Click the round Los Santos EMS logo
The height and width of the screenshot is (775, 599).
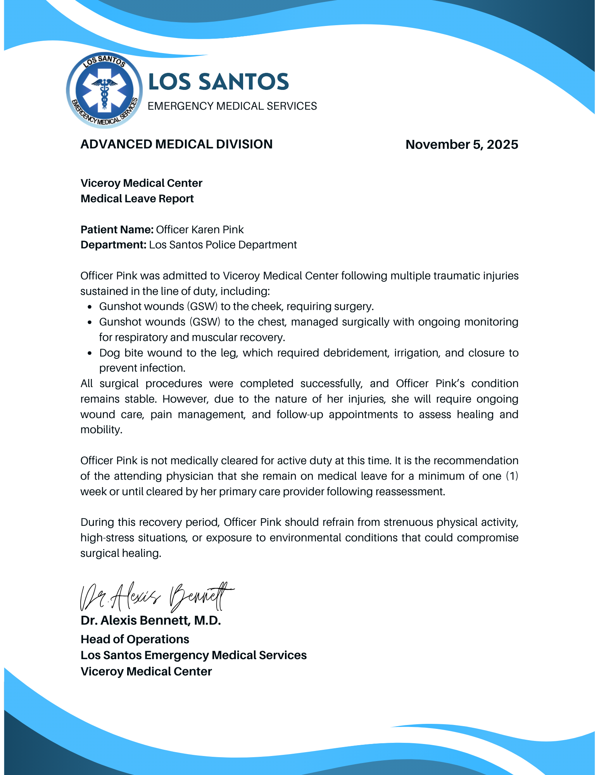tap(104, 90)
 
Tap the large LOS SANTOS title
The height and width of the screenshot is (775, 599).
tap(218, 82)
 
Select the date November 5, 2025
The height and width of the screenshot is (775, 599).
tap(461, 145)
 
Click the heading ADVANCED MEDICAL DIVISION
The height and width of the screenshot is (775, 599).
tap(176, 144)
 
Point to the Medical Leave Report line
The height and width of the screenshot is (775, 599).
tap(137, 199)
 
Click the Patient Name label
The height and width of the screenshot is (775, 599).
tap(117, 230)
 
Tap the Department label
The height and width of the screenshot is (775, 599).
tap(113, 245)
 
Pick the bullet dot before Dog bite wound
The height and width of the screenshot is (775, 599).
tap(90, 353)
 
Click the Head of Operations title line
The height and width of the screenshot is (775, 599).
tap(135, 639)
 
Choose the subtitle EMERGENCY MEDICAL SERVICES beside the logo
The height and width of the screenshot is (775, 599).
tap(232, 106)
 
